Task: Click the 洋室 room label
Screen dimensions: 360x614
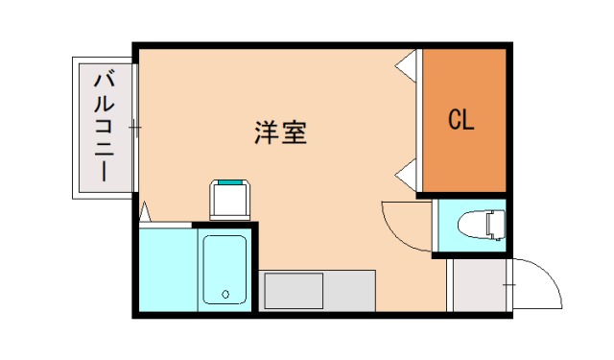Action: click(280, 132)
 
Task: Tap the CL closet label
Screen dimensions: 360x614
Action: click(461, 120)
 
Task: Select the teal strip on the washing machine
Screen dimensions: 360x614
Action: click(231, 181)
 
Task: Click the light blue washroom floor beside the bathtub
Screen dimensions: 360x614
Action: click(167, 268)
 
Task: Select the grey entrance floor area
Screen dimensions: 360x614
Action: click(476, 285)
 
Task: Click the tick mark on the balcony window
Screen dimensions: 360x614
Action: click(135, 128)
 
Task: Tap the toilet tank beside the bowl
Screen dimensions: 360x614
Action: click(496, 225)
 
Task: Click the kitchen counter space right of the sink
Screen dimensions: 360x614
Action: click(349, 291)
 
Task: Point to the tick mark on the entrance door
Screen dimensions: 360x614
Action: click(509, 284)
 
